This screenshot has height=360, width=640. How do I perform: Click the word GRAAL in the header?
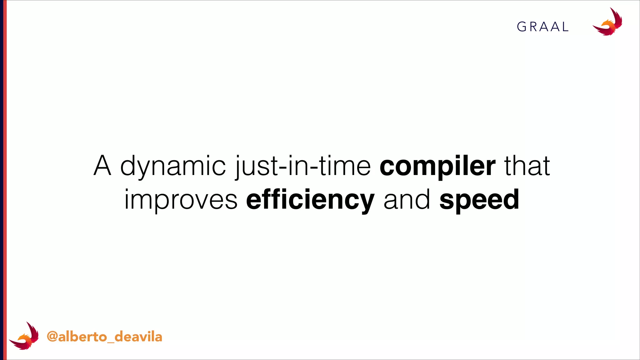542,27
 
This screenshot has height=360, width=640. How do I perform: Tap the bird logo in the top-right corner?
607,22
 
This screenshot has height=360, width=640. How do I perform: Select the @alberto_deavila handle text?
104,337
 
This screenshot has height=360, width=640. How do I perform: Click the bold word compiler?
437,166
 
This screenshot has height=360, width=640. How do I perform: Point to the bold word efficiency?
310,200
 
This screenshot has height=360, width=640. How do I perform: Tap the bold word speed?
479,200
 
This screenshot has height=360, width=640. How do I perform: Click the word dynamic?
173,166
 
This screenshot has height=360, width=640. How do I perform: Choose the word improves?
181,200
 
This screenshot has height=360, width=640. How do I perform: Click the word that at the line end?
527,166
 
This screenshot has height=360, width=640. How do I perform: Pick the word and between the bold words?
407,200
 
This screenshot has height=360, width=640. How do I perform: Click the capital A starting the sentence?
102,166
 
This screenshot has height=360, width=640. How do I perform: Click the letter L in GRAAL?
565,27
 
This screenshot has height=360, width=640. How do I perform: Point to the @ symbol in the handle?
52,337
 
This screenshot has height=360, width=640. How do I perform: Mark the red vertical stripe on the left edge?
5,180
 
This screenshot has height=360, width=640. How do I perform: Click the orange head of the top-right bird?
608,24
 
